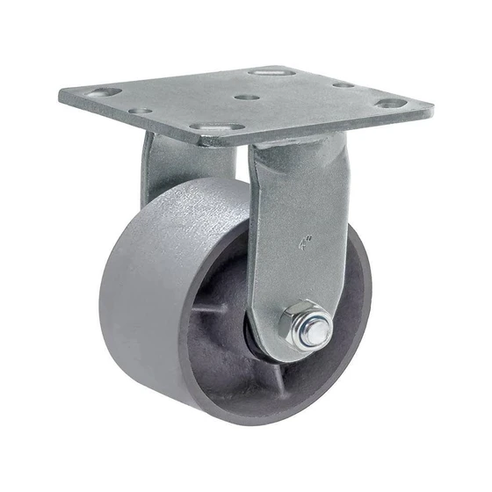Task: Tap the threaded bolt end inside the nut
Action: point(314,330)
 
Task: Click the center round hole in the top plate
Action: point(248,98)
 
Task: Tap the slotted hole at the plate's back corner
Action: point(271,70)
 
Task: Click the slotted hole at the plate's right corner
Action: point(391,103)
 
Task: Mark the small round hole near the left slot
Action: point(140,112)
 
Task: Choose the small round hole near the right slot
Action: point(344,85)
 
